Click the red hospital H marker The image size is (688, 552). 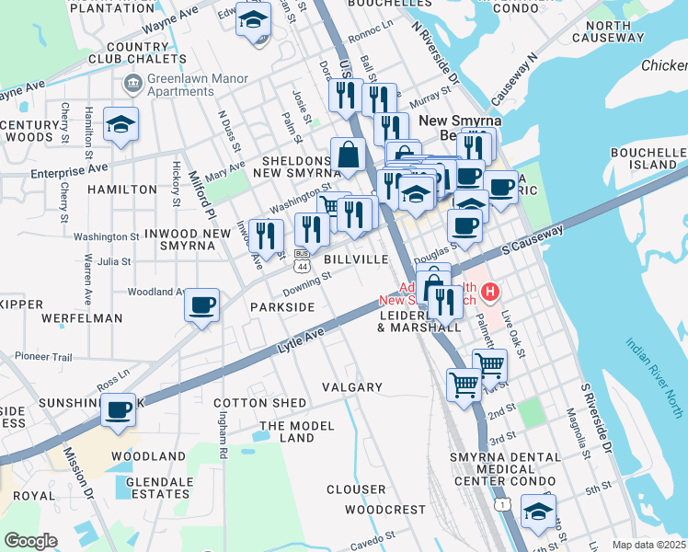pos(491,293)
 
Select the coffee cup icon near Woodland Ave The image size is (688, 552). pos(202,305)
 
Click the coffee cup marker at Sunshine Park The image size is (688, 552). pos(118,410)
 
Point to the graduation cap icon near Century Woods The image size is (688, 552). pos(120,125)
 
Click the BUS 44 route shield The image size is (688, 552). pos(301,260)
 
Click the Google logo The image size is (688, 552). pos(31,540)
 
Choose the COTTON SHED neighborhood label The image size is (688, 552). pos(260,403)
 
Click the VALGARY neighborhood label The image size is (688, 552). pos(351,387)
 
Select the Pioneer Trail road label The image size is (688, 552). pos(42,356)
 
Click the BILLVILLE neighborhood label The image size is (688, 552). pos(354,259)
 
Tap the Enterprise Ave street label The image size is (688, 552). pos(69,171)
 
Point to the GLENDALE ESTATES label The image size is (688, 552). pos(159,488)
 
